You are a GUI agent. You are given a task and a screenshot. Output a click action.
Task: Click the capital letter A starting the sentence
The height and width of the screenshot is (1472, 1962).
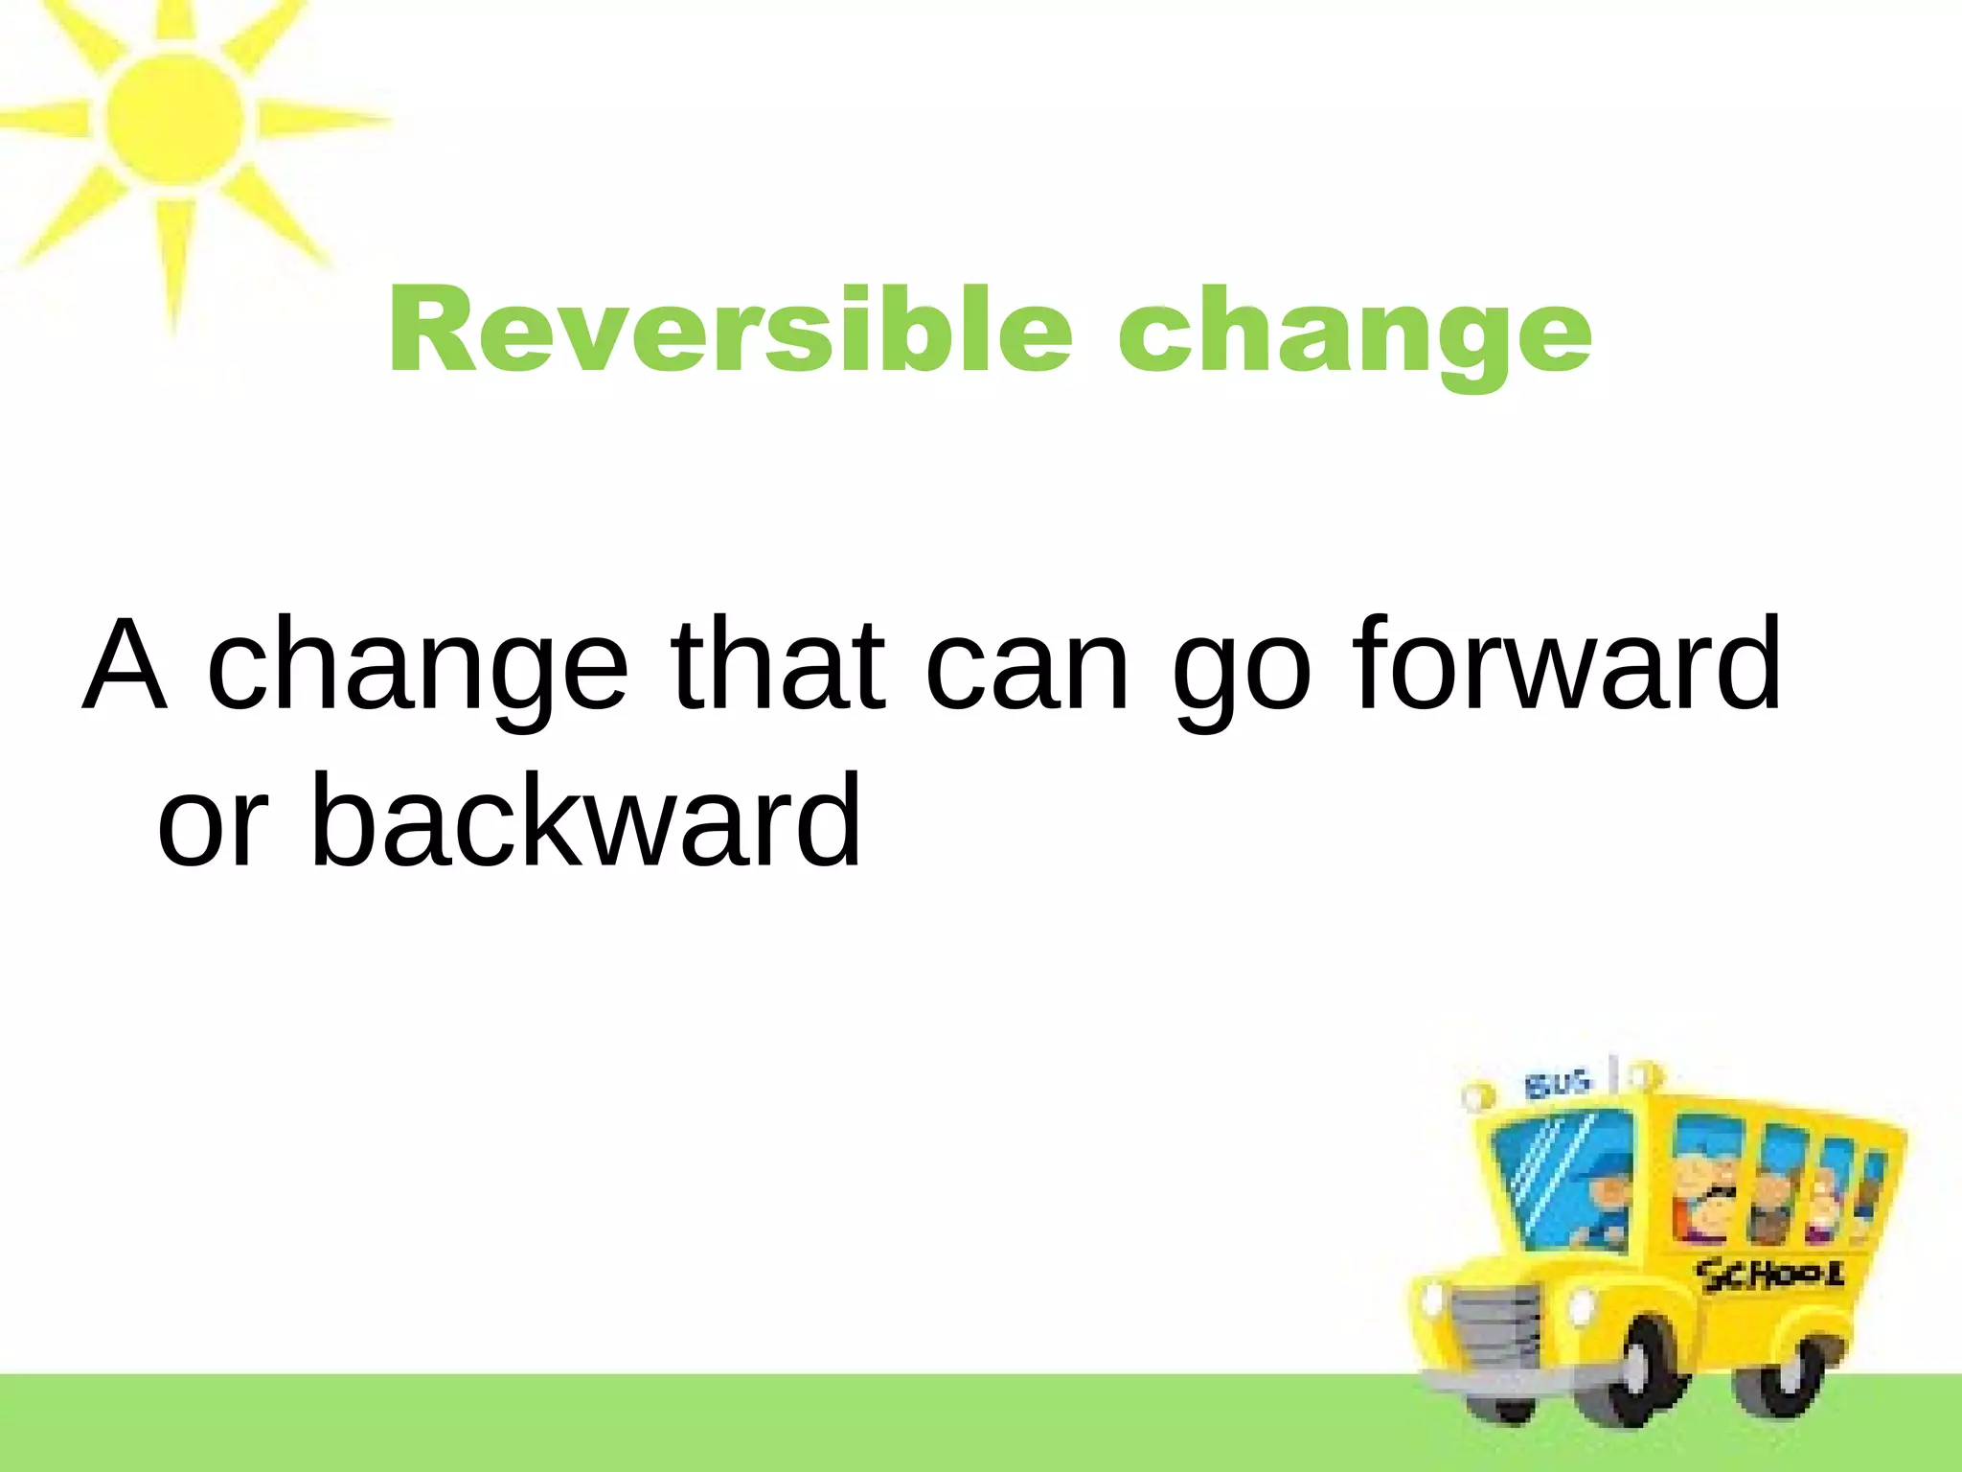pos(125,665)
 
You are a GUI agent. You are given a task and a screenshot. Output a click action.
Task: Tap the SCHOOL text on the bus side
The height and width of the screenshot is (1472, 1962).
pos(1768,1276)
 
